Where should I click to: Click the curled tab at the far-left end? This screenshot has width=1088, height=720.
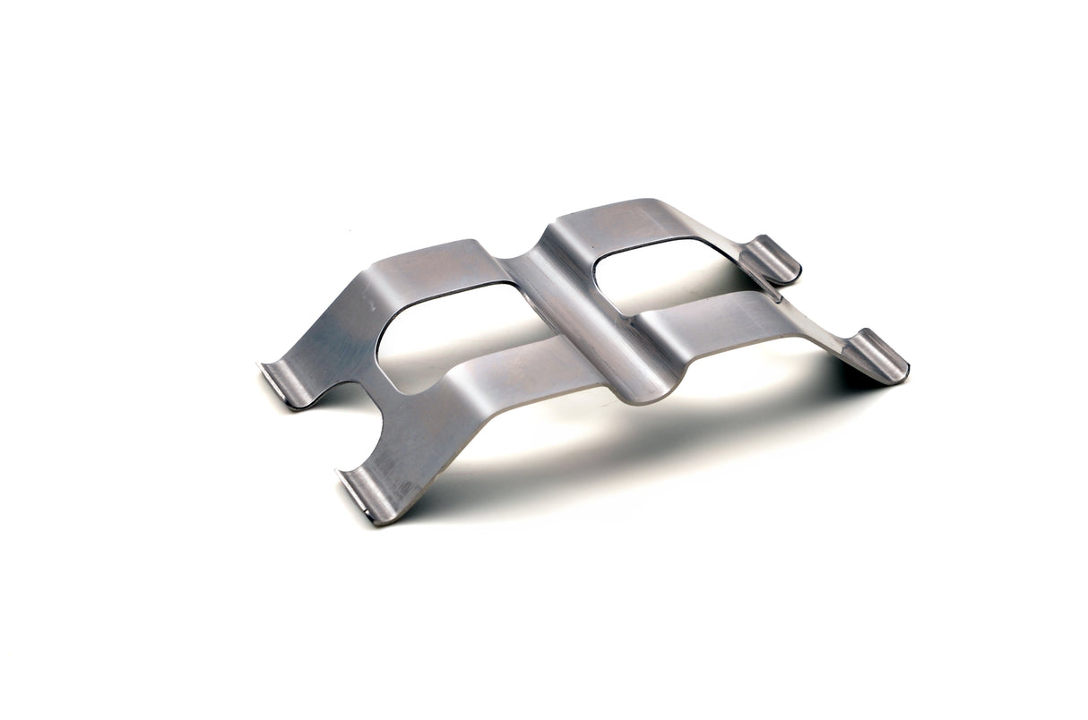(285, 385)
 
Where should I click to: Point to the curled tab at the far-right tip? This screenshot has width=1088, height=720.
(880, 356)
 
